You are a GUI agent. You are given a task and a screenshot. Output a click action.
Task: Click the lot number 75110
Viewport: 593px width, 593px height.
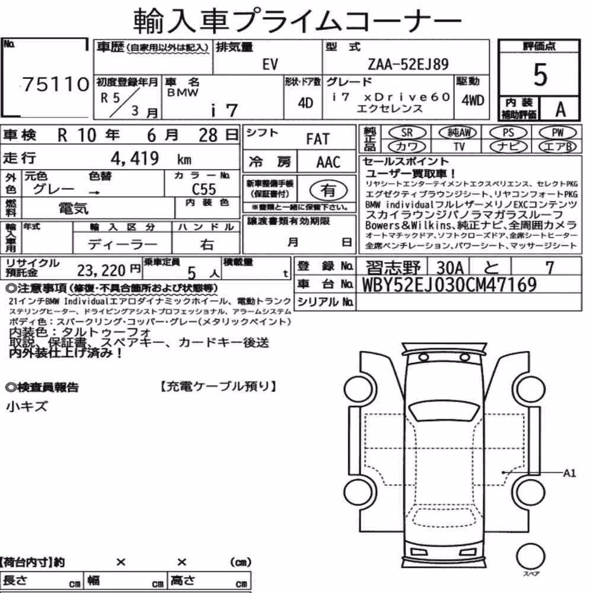[x=56, y=84]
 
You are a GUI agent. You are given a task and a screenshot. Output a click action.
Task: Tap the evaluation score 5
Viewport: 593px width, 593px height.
[x=540, y=75]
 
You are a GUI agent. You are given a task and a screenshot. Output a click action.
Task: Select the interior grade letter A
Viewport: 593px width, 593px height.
[x=560, y=110]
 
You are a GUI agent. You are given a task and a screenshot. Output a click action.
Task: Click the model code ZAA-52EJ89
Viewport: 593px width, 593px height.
[x=408, y=64]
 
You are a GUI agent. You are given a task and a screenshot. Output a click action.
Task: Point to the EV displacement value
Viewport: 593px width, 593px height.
[x=270, y=64]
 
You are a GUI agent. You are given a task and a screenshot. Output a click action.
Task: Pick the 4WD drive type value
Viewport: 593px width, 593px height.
[x=473, y=101]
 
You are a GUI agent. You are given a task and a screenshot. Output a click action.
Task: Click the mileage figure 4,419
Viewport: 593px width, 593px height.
[x=135, y=158]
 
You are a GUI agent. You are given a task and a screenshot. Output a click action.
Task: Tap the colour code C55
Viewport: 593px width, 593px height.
[x=204, y=189]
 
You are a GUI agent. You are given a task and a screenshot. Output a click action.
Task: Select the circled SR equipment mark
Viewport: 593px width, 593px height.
[x=407, y=133]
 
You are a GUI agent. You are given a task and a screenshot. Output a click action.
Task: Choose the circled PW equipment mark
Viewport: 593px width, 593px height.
[x=557, y=133]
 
